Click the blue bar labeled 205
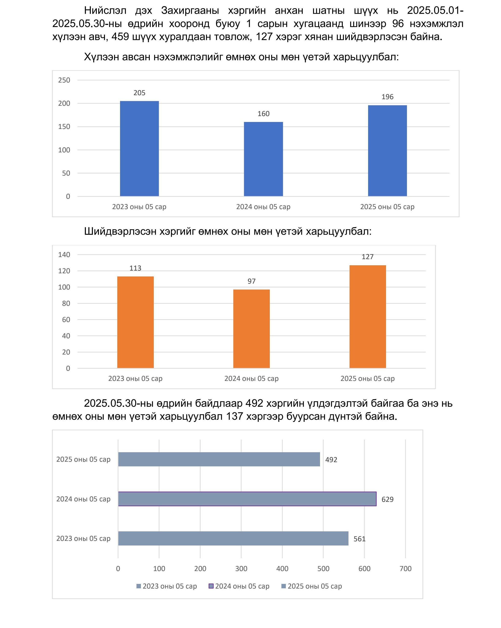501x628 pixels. click(139, 149)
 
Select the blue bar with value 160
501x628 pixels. click(263, 159)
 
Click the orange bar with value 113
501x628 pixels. click(135, 322)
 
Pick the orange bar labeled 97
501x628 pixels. click(251, 329)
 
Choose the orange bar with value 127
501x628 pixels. click(367, 317)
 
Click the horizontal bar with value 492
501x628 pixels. click(219, 459)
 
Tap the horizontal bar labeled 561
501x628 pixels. click(233, 538)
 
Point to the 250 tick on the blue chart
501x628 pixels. click(64, 80)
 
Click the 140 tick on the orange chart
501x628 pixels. click(64, 254)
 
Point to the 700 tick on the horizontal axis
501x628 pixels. click(405, 568)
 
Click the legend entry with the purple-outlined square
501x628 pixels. click(239, 586)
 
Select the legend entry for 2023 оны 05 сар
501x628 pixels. click(167, 586)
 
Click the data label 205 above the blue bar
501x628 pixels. click(139, 93)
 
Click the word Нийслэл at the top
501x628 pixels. click(105, 11)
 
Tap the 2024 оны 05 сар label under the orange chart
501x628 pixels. click(251, 378)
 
